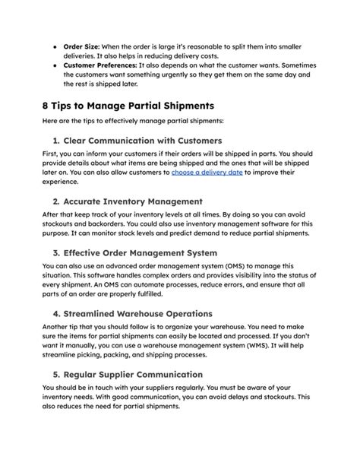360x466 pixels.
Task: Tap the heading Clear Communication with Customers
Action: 144,141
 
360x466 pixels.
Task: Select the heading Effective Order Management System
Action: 152,252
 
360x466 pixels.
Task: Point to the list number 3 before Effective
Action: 56,252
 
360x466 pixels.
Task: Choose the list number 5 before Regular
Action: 56,374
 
